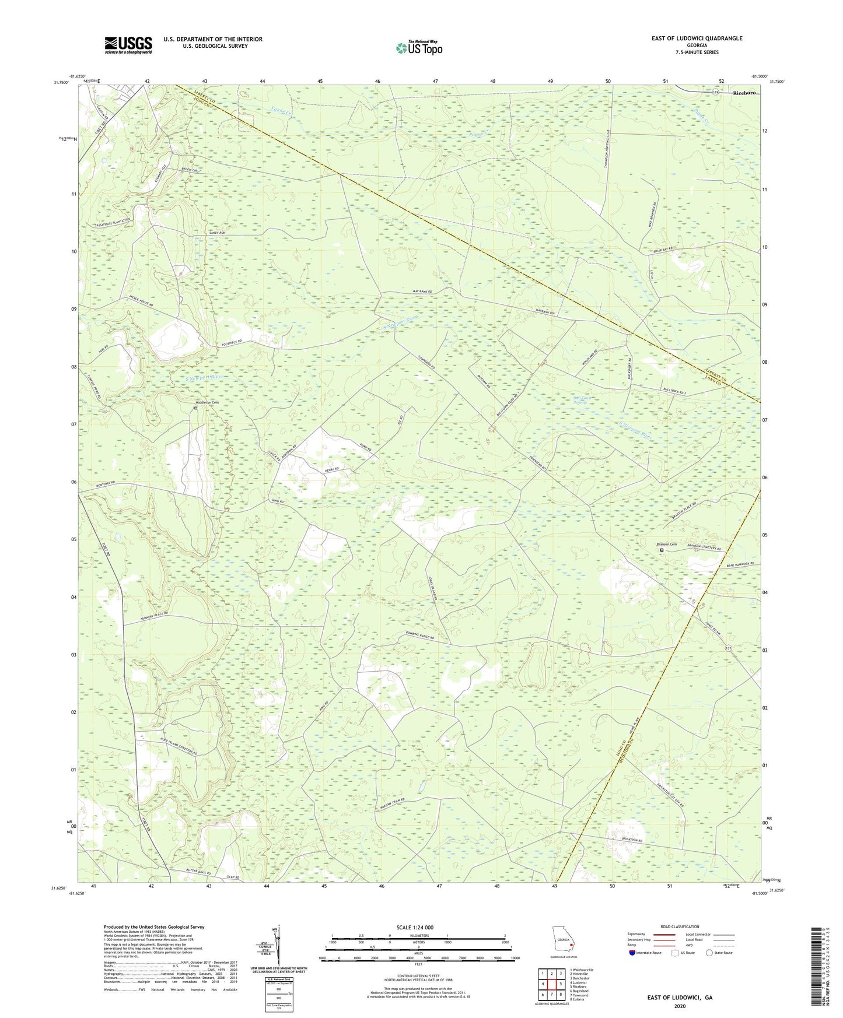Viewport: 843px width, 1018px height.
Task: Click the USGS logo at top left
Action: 128,45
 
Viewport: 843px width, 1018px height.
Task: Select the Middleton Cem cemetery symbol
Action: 195,409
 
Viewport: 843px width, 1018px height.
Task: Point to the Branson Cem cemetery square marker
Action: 662,550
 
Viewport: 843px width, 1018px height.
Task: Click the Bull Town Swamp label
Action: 580,401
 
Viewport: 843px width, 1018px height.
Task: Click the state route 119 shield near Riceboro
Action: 715,92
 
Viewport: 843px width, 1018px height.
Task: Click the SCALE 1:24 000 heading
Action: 414,927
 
